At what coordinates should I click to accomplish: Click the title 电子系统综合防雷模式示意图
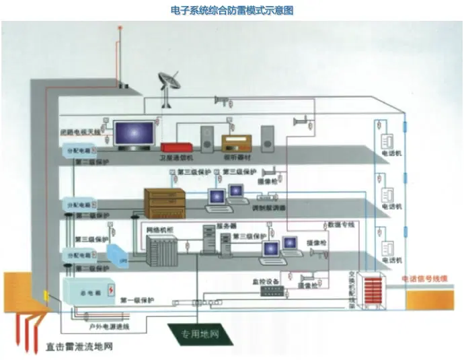pos(233,11)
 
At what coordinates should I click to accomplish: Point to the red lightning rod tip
pos(120,29)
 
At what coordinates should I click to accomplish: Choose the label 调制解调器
pos(269,208)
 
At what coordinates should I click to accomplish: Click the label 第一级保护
pos(138,299)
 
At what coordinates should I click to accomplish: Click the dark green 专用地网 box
pos(197,332)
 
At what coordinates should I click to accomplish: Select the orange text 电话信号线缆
pos(427,278)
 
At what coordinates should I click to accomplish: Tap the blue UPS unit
pos(114,254)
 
